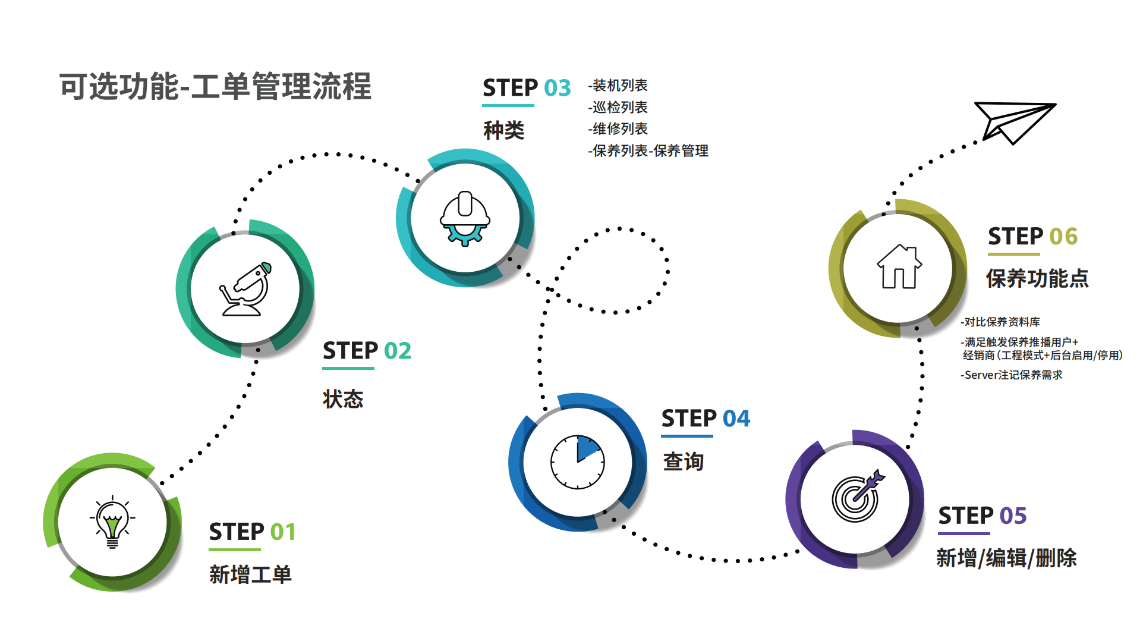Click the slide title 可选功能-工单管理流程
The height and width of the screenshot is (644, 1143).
(215, 87)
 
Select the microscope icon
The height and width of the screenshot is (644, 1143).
(245, 290)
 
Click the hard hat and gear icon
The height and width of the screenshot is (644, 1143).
(465, 218)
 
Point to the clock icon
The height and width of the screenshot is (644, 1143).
(577, 462)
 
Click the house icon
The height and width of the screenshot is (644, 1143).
(899, 267)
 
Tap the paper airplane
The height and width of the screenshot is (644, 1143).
(1012, 121)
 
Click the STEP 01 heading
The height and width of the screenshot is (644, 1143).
(252, 532)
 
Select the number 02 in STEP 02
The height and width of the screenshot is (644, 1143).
(398, 351)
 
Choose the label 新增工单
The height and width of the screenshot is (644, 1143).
(250, 574)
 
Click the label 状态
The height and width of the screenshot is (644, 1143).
(343, 399)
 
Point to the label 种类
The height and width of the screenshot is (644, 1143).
(503, 130)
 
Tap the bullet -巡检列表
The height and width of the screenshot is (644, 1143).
(618, 107)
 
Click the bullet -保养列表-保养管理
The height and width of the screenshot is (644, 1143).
(648, 151)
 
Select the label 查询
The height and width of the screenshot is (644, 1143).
(684, 461)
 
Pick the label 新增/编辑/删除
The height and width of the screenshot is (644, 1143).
(1006, 558)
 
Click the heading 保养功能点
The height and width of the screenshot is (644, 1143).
(1037, 278)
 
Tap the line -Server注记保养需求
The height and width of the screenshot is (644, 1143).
(1012, 375)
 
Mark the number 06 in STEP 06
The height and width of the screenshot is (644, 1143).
(1063, 237)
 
